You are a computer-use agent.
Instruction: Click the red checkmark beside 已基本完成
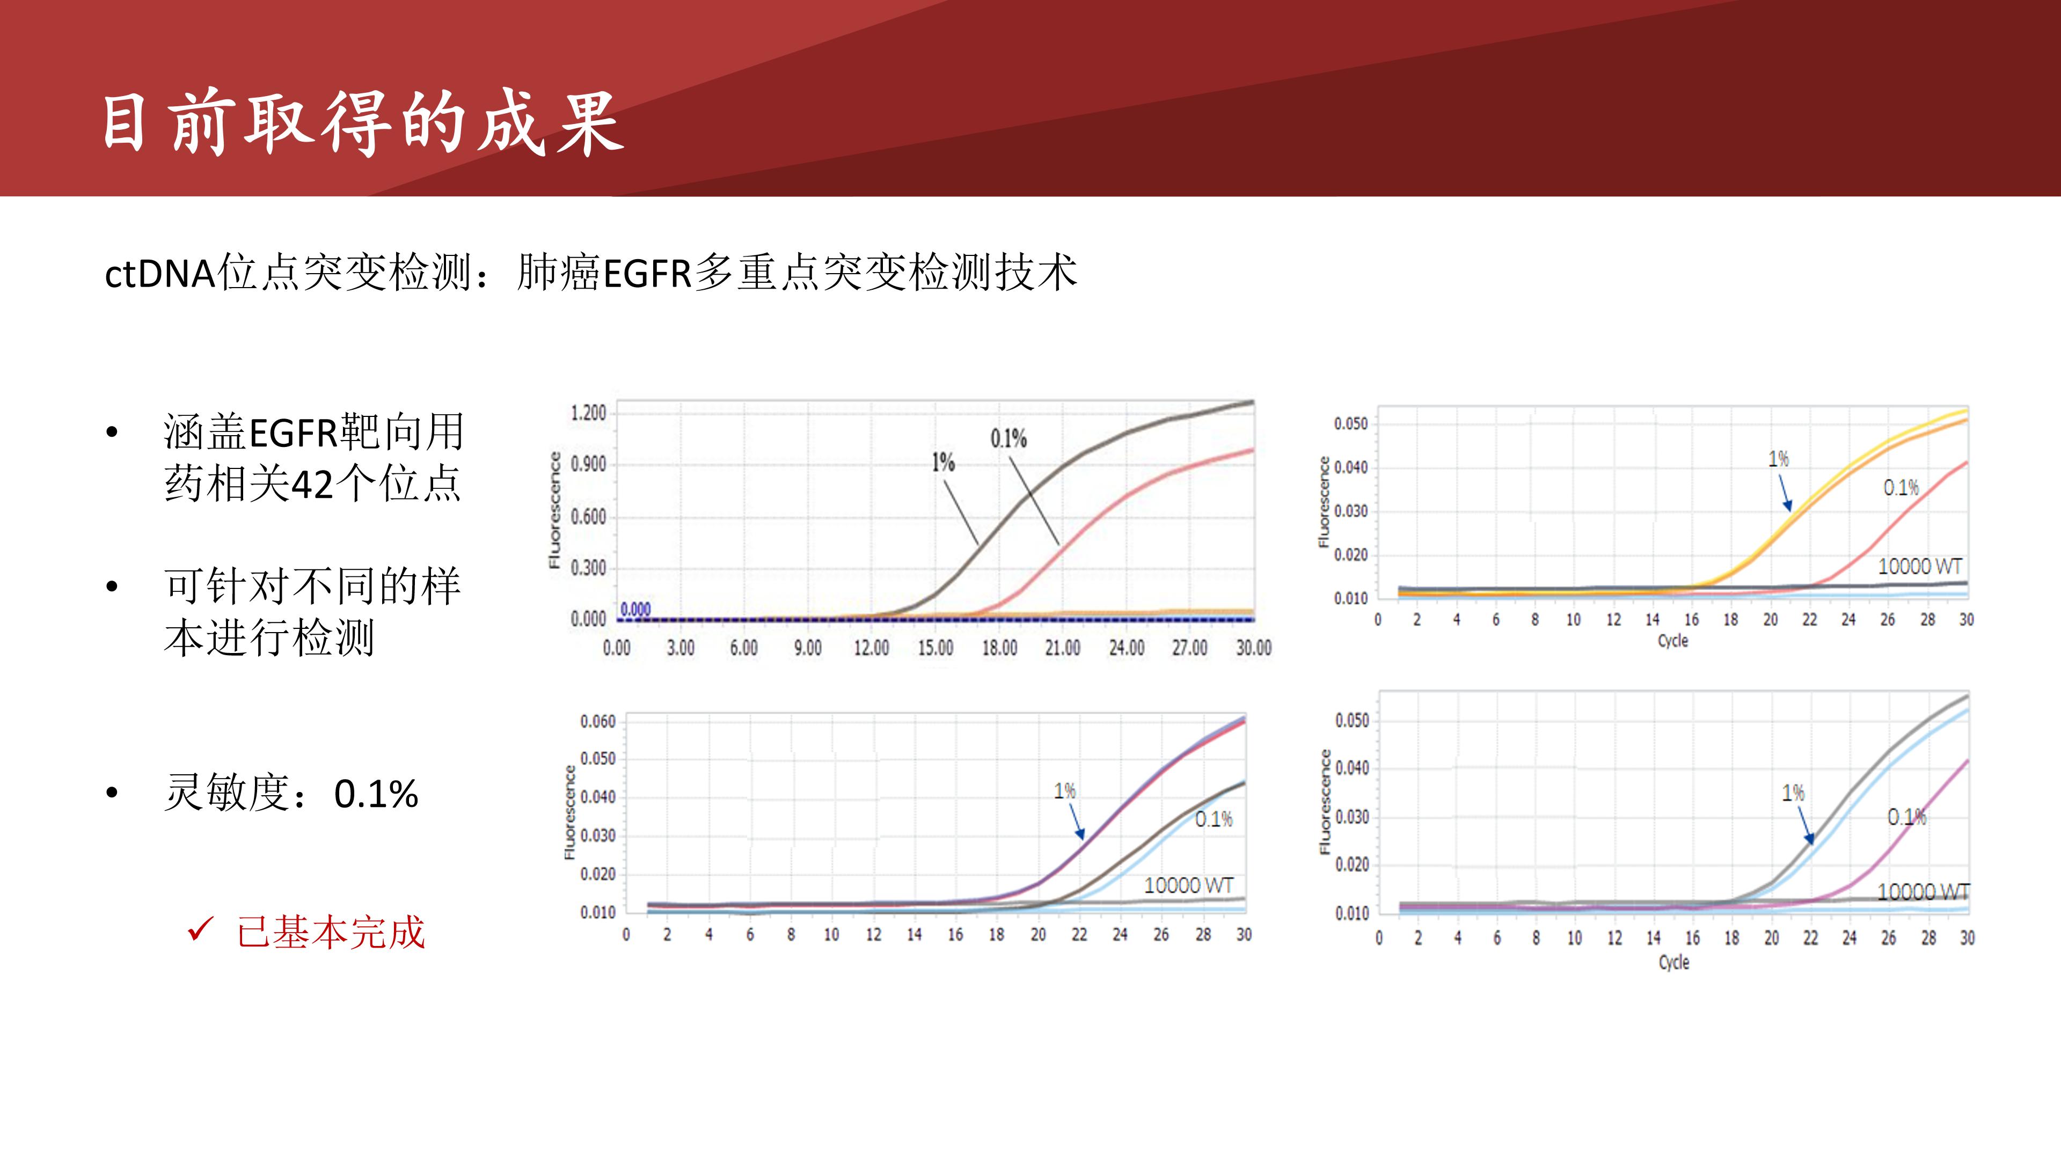[x=200, y=929]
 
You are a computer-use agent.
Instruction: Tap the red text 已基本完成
[x=331, y=933]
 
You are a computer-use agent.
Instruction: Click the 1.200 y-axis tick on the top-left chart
[x=588, y=413]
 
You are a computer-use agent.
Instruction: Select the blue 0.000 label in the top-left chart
[x=636, y=610]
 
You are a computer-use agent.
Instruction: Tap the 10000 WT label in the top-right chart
[x=1919, y=566]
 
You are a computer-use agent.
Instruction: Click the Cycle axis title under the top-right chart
[x=1673, y=641]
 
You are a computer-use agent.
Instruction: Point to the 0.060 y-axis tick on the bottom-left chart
[x=598, y=722]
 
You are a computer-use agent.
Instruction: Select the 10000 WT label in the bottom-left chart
[x=1188, y=885]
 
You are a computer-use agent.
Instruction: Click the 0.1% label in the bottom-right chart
[x=1906, y=817]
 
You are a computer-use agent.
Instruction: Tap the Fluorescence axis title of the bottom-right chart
[x=1326, y=802]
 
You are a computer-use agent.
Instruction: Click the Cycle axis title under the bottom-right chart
[x=1674, y=962]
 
